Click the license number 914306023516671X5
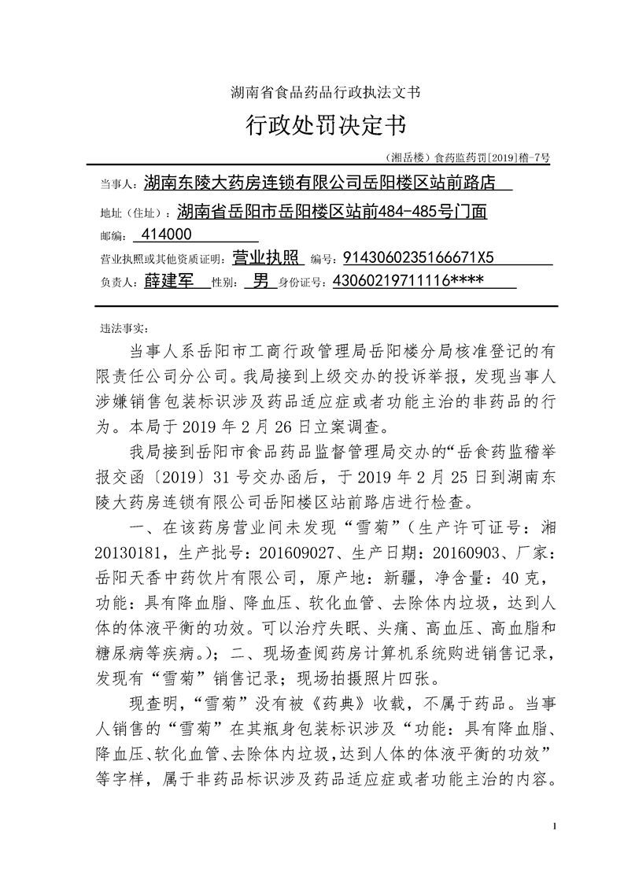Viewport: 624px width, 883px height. tap(420, 257)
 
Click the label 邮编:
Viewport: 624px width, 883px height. tap(114, 235)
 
